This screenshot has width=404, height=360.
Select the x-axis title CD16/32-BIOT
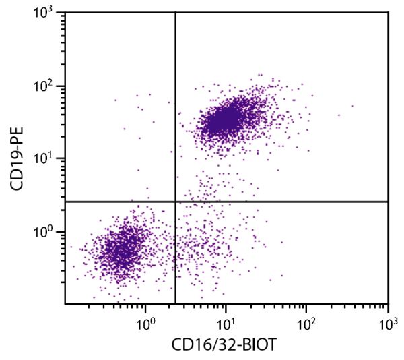point(226,344)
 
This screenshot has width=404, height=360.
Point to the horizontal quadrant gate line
point(283,202)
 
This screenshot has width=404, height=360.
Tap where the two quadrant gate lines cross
point(175,202)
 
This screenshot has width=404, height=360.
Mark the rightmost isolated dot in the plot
point(352,105)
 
